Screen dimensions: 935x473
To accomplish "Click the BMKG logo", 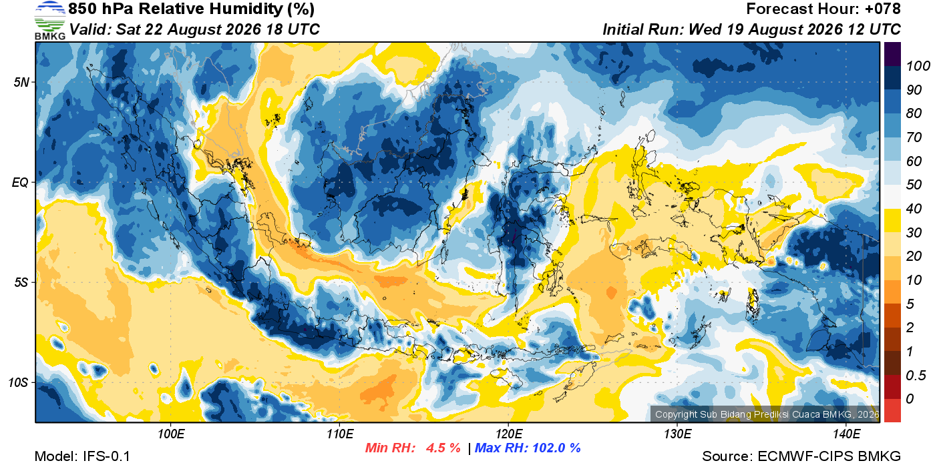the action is (x=50, y=20).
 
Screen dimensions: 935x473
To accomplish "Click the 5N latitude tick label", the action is (x=21, y=82).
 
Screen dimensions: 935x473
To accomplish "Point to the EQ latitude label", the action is (x=21, y=182).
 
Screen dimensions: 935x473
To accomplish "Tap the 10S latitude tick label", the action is (x=19, y=382).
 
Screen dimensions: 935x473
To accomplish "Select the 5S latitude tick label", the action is (x=21, y=282).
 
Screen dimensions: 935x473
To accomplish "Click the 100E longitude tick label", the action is (x=171, y=434).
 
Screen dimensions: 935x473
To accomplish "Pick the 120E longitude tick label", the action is (x=509, y=434).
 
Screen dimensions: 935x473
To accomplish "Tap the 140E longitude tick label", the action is (x=847, y=434).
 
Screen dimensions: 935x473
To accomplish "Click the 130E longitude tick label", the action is (x=677, y=434).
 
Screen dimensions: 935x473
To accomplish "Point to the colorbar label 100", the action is (x=918, y=66).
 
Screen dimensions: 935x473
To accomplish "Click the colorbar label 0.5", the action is (x=916, y=376).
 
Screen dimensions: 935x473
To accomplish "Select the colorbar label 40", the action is (x=914, y=209).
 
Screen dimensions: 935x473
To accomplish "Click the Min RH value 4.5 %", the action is (x=443, y=448).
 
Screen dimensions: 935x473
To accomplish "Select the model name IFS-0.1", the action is (x=106, y=456).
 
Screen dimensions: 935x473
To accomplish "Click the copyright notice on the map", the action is (x=767, y=414).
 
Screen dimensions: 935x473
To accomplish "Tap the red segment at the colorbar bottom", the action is (x=892, y=410).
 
